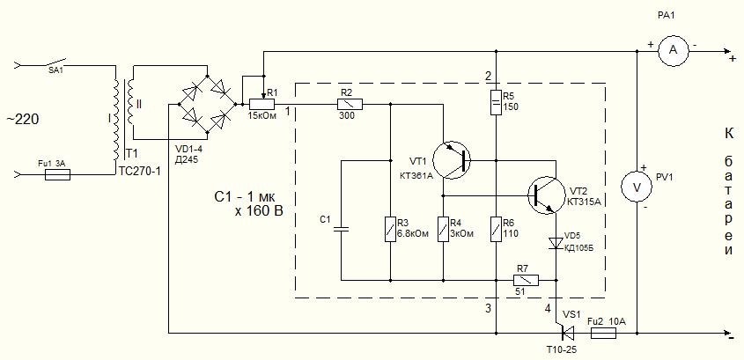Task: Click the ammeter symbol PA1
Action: [x=673, y=51]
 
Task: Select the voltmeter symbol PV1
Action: [x=637, y=187]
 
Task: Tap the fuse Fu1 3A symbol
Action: [x=58, y=175]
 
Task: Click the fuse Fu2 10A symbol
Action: [x=603, y=333]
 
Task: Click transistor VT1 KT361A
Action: [x=453, y=160]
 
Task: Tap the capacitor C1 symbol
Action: [x=341, y=229]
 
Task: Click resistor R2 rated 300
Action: [x=350, y=104]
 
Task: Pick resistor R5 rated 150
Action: [x=496, y=101]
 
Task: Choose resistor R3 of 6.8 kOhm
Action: [x=390, y=229]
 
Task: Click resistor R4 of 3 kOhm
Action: [x=443, y=229]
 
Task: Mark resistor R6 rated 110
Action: [x=496, y=229]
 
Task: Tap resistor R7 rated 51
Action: [x=527, y=280]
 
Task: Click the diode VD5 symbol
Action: [x=556, y=243]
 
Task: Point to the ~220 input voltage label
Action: [x=23, y=120]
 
